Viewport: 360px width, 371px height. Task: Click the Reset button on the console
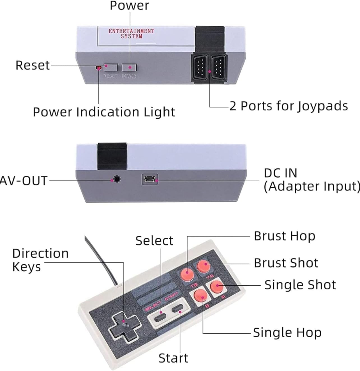pos(110,67)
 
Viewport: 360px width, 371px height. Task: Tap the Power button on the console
pos(129,67)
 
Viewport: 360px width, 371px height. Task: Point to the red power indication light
pos(98,68)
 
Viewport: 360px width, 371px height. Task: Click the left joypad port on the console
pos(200,67)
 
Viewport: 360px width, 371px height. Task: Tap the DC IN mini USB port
pos(150,179)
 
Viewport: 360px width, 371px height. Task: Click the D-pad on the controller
pos(125,326)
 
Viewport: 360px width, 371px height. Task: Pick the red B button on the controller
pos(200,295)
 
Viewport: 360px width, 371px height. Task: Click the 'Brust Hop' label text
pos(284,236)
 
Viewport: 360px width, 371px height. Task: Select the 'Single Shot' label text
pos(300,285)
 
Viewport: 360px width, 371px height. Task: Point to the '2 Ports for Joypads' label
pos(289,106)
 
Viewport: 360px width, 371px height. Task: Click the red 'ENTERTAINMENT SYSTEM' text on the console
pos(131,33)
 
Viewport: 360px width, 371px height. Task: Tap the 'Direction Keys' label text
pos(40,260)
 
